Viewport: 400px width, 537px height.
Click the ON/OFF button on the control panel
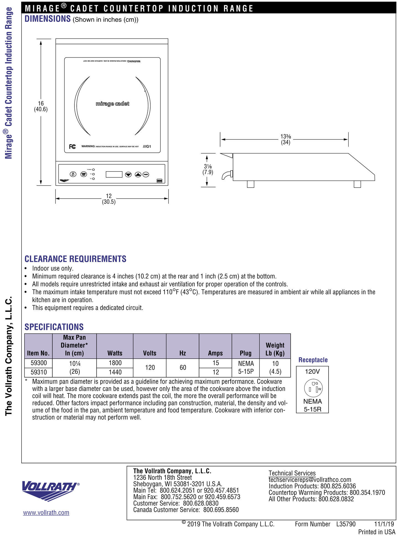pos(73,174)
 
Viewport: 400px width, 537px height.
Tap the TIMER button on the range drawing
pos(146,175)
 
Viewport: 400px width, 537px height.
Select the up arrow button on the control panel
pos(138,175)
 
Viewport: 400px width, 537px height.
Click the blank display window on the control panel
pos(114,174)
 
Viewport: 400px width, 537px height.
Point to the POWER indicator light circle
pos(94,170)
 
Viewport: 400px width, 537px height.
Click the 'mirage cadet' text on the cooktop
pos(112,104)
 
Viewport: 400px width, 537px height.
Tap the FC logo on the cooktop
pos(73,146)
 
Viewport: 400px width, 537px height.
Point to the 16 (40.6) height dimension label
pos(41,107)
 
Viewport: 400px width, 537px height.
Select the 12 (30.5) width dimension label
pos(109,199)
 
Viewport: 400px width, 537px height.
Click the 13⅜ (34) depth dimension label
pos(285,139)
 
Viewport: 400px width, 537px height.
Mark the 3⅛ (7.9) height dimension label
pos(208,169)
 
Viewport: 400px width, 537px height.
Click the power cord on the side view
pos(226,175)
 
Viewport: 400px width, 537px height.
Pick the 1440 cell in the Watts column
pos(115,372)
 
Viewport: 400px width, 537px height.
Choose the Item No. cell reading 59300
pos(39,363)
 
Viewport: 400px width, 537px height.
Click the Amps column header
pos(215,353)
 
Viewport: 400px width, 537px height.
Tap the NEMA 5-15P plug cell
pos(246,367)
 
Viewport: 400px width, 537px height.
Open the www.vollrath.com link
pos(46,513)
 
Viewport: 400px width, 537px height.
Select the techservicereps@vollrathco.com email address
pos(310,479)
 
